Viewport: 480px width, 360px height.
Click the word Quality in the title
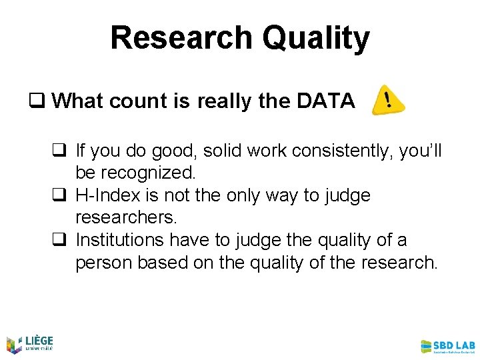(315, 39)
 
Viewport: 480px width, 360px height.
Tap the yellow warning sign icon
(387, 100)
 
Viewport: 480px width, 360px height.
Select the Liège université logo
(29, 343)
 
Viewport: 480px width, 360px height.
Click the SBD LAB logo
(447, 346)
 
